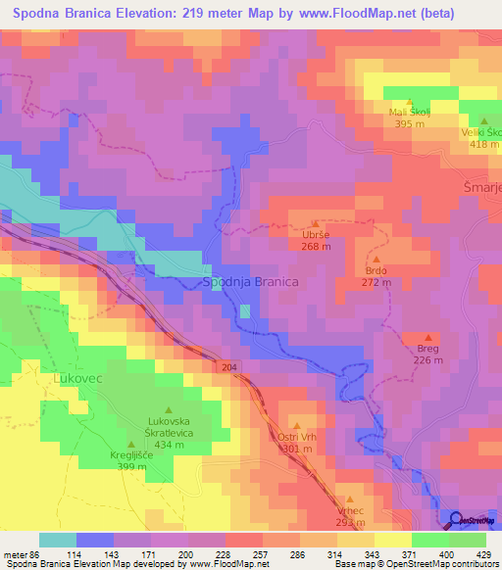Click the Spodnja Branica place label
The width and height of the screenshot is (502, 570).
[250, 282]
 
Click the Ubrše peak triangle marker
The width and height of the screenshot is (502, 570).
[315, 223]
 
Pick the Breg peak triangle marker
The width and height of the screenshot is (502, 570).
[427, 338]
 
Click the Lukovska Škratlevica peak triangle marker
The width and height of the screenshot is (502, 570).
[168, 409]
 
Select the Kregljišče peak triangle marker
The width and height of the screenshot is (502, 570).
[130, 445]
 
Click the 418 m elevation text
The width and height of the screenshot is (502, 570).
[483, 144]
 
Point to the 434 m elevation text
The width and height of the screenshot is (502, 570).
[168, 445]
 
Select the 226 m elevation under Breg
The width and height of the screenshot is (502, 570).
[427, 360]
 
